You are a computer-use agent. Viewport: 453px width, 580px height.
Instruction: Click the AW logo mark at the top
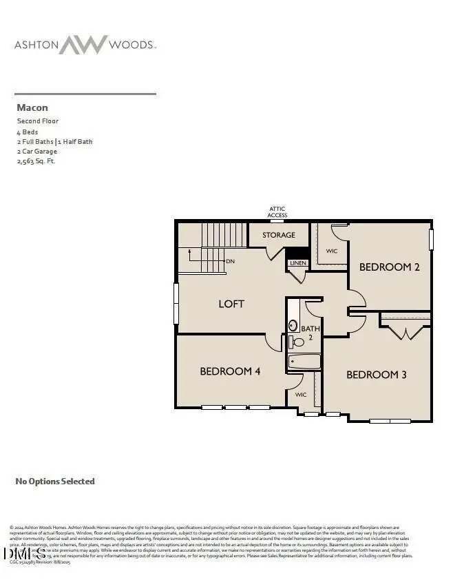[x=83, y=45]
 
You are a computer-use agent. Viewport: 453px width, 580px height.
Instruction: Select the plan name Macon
[x=32, y=107]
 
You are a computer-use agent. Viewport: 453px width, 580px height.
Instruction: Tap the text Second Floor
[x=38, y=121]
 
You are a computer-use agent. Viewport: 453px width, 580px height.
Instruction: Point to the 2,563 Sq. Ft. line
[x=36, y=161]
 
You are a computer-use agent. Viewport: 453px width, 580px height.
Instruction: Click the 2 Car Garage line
[x=37, y=152]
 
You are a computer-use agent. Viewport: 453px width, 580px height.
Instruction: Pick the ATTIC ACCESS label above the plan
[x=277, y=212]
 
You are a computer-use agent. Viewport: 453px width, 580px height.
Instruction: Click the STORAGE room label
[x=278, y=236]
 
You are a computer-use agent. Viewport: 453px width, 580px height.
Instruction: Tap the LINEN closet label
[x=297, y=263]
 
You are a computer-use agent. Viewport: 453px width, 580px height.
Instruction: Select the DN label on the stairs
[x=231, y=262]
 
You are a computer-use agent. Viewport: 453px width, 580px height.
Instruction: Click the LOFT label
[x=231, y=304]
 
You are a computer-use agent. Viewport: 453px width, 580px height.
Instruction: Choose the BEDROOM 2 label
[x=390, y=267]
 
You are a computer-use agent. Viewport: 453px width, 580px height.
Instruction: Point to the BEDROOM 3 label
[x=376, y=375]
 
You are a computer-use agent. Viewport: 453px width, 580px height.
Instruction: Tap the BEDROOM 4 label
[x=230, y=371]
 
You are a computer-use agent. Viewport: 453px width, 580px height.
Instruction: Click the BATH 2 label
[x=310, y=333]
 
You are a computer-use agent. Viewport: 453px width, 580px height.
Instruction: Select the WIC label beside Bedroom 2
[x=332, y=251]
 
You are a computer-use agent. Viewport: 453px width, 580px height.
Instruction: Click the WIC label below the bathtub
[x=301, y=395]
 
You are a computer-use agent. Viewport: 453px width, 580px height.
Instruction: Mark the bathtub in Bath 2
[x=304, y=362]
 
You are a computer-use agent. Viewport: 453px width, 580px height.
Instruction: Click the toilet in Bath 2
[x=298, y=342]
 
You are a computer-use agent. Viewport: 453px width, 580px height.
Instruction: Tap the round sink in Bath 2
[x=293, y=325]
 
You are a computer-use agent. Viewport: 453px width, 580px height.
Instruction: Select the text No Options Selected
[x=55, y=481]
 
